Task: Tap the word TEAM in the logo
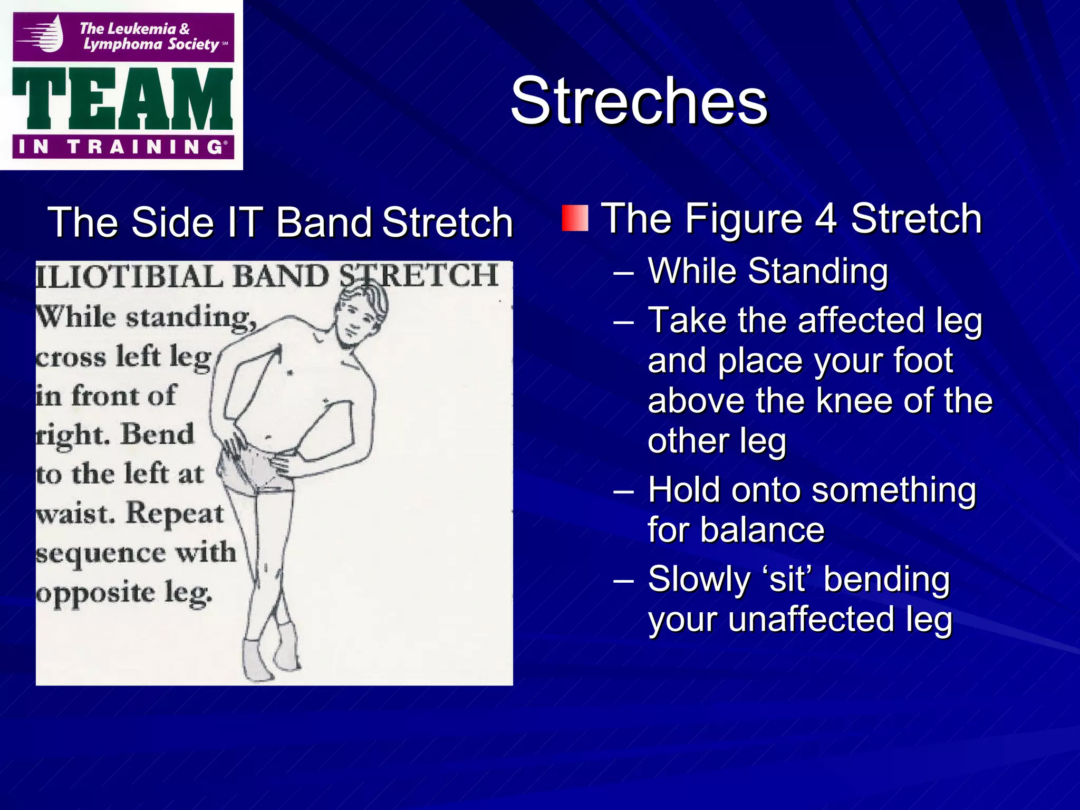click(x=122, y=99)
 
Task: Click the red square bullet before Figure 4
click(x=575, y=218)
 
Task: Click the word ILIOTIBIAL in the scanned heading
click(x=130, y=276)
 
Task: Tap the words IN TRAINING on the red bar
click(x=122, y=147)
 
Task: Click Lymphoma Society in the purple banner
click(x=151, y=44)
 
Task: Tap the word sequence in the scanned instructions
click(x=100, y=554)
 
